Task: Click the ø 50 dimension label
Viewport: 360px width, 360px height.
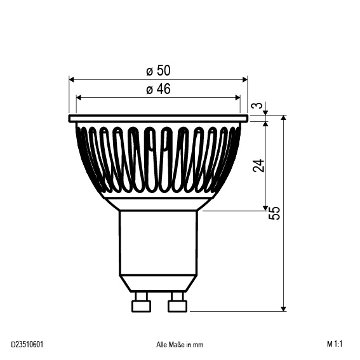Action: coord(158,70)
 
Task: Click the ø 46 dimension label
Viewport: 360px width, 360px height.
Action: coord(158,89)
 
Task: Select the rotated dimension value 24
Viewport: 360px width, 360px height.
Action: coord(258,166)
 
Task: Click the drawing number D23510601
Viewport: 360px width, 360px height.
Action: coord(27,345)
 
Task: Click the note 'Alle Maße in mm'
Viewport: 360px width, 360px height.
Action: coord(180,345)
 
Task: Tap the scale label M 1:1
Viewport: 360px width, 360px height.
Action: coord(335,345)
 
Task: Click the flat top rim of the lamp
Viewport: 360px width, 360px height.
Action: coord(158,118)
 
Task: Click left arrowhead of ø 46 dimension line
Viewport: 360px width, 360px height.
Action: coord(79,98)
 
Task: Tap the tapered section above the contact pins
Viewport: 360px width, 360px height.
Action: coord(159,283)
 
